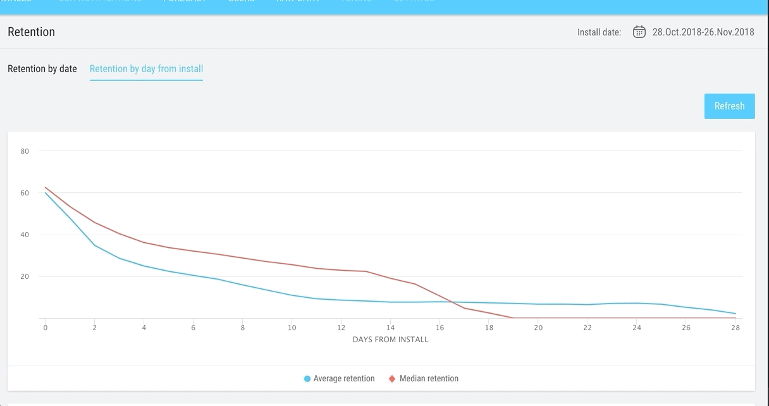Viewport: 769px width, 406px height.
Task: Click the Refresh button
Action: (729, 106)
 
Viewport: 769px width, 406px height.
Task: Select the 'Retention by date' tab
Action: (42, 69)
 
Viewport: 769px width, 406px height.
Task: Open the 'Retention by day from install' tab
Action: (146, 69)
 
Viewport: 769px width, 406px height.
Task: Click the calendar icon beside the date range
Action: (639, 32)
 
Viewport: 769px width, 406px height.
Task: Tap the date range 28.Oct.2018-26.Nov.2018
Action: (703, 32)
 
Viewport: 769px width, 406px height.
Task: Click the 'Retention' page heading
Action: (32, 32)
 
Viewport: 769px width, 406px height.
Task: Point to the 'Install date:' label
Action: (599, 32)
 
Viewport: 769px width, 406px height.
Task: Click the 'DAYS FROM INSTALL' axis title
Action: (390, 340)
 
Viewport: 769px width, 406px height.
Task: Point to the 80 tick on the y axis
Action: (25, 151)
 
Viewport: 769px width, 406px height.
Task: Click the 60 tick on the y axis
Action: (25, 193)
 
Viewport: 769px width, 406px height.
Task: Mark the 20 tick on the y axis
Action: (25, 277)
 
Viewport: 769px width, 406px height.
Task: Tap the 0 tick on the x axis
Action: (46, 328)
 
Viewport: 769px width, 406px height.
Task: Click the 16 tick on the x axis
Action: (440, 328)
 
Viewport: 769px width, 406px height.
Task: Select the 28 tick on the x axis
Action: (735, 328)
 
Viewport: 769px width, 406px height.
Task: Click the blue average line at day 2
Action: (95, 245)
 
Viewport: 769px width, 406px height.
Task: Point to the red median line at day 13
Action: (366, 271)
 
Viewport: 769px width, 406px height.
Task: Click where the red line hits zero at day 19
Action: (514, 317)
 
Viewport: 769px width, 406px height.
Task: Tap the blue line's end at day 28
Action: (735, 314)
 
